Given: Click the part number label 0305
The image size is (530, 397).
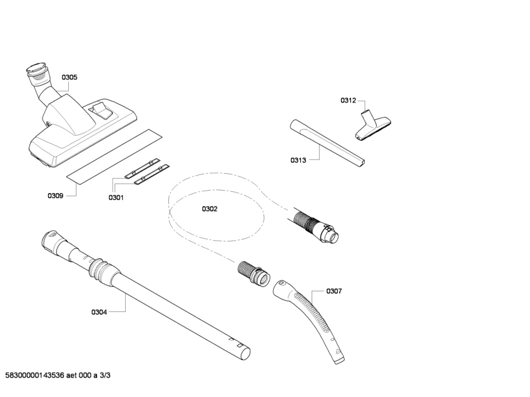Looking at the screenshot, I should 69,78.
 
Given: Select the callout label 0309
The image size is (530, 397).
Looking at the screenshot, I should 55,196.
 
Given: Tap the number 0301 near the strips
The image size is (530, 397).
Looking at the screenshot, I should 116,198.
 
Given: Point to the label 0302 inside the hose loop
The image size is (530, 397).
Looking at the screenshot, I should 210,209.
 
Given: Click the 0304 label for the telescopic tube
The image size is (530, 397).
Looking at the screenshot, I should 99,312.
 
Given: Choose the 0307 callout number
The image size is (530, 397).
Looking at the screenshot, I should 334,291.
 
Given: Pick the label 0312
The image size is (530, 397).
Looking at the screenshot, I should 348,100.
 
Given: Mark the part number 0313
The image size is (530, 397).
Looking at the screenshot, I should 298,160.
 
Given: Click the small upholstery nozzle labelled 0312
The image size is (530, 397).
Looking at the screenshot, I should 372,125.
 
